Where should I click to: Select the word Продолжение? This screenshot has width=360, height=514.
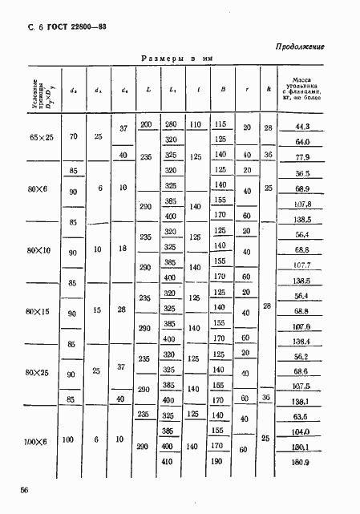299,47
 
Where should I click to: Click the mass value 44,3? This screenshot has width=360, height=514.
301,127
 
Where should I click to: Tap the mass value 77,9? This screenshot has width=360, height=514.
301,157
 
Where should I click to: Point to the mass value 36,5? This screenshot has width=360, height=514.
301,172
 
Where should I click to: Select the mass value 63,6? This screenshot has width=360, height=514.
301,417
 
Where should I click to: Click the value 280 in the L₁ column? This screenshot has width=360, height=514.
171,123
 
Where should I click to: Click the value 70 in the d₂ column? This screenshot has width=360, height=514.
74,138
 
